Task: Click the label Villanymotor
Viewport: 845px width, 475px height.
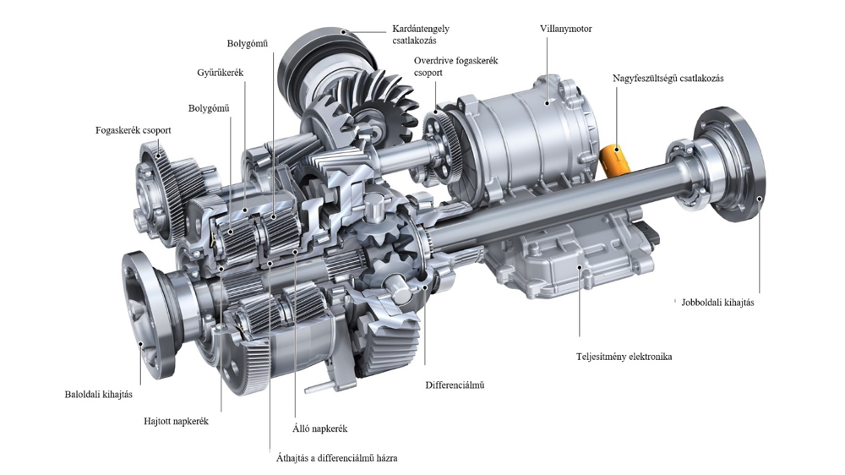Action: [x=565, y=29]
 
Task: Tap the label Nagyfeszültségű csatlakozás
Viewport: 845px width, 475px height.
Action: [x=668, y=79]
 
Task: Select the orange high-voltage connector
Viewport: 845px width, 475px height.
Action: [x=615, y=160]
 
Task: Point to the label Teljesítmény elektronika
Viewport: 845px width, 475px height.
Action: [x=624, y=357]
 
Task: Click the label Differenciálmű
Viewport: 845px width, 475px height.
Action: [x=455, y=385]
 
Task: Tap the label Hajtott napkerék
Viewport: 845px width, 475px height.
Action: [x=176, y=421]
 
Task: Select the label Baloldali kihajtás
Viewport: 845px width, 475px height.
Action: [x=98, y=394]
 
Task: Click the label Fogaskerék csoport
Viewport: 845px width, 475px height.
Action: [x=134, y=130]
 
